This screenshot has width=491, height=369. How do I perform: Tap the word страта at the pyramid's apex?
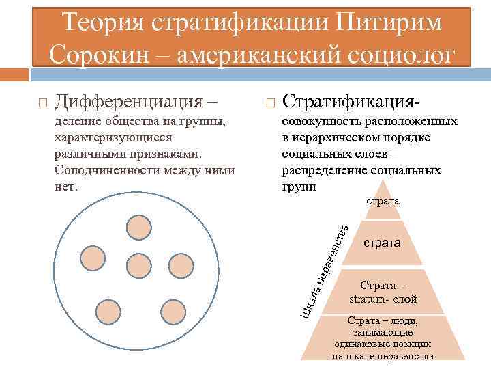tap(383, 202)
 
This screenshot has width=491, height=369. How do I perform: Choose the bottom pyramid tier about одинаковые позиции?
tap(383, 338)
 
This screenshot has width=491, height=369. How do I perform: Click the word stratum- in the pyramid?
tap(372, 299)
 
